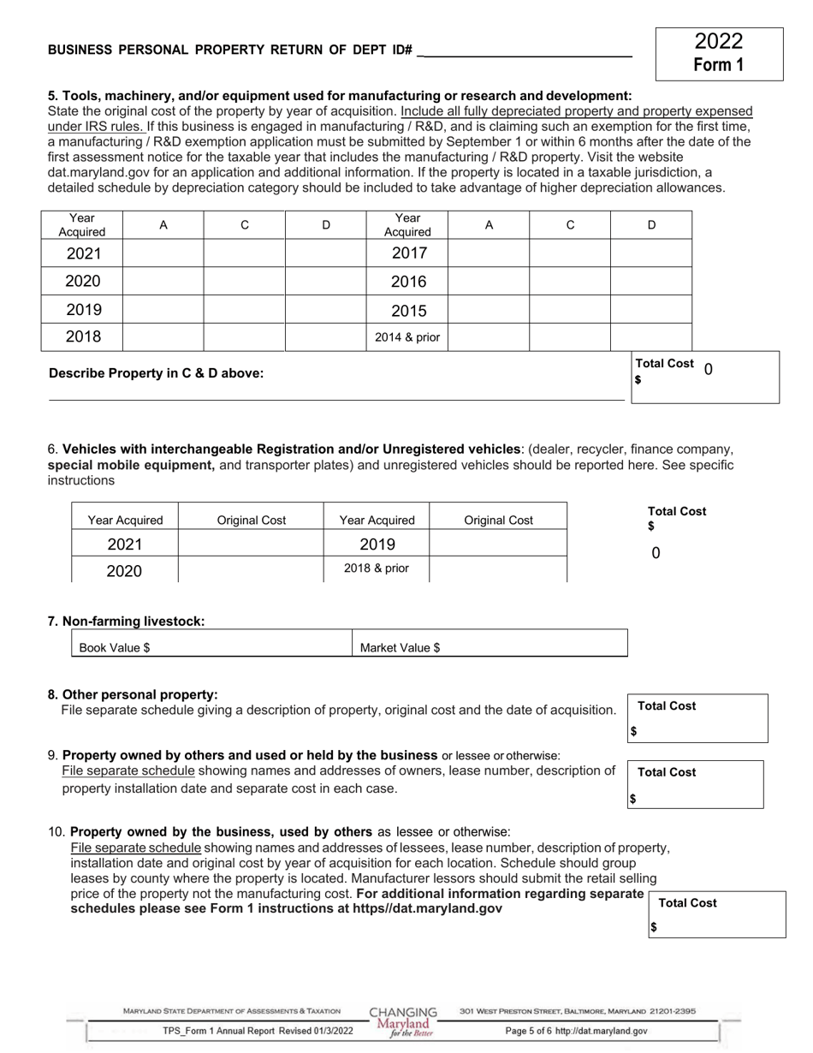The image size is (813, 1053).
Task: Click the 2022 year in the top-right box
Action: [718, 41]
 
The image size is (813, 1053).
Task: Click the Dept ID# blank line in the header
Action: [526, 50]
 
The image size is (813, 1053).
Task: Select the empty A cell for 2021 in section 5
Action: [163, 253]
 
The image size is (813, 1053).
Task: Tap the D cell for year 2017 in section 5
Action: [650, 253]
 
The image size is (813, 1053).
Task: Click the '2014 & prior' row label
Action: [407, 337]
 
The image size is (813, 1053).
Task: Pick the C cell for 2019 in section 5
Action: [244, 310]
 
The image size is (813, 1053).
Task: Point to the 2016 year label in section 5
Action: [407, 282]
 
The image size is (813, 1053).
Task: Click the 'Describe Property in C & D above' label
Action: [157, 373]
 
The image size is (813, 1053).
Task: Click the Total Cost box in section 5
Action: [705, 377]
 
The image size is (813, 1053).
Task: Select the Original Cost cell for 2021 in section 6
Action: [251, 544]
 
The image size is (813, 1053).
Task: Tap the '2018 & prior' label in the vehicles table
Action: [377, 568]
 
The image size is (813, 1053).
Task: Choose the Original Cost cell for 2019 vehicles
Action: [498, 544]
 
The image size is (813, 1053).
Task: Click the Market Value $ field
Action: [490, 647]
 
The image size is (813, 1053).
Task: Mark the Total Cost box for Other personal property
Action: [697, 719]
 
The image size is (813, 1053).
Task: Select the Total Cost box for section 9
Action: [695, 785]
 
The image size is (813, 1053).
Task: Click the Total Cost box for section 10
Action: [717, 915]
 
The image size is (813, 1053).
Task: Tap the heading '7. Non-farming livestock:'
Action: [127, 621]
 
